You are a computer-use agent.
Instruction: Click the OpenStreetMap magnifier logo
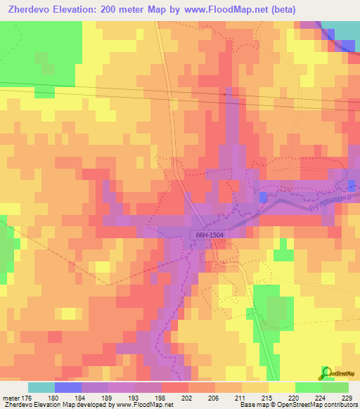327,372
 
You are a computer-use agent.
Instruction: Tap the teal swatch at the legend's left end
41,387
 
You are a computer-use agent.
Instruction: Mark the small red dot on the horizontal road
224,93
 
